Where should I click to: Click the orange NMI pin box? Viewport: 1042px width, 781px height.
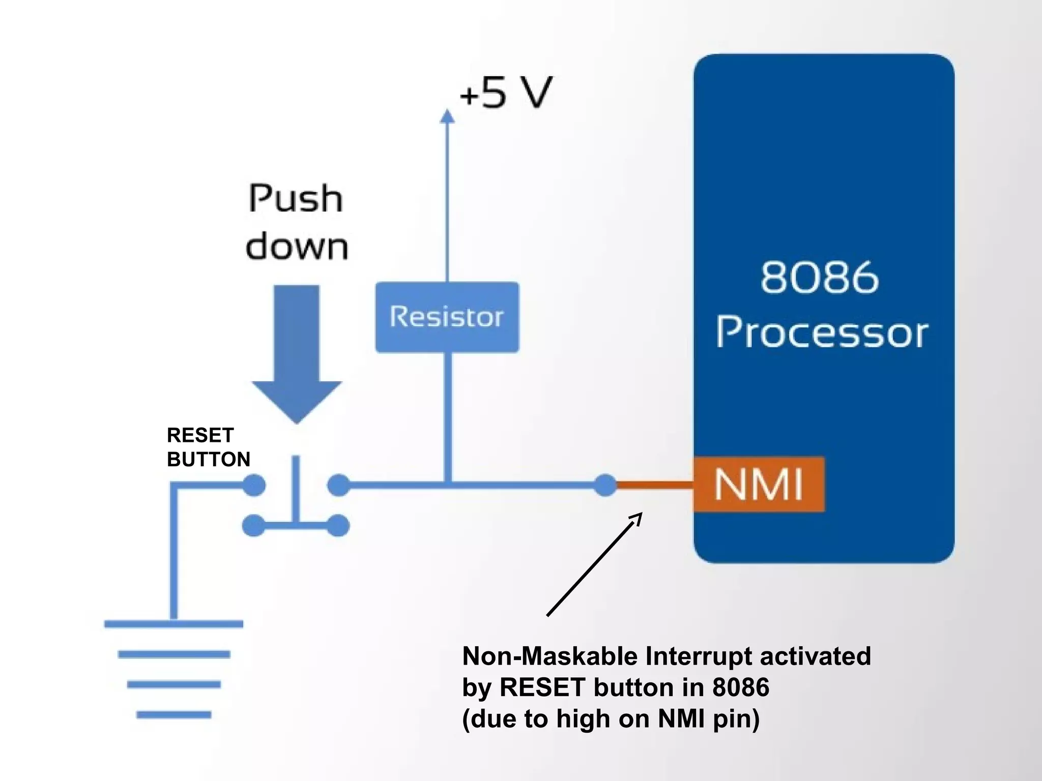coord(758,484)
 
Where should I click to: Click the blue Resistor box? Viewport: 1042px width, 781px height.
coord(447,317)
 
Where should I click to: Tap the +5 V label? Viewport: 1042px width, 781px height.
coord(505,93)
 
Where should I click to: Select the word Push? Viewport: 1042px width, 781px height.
coord(296,199)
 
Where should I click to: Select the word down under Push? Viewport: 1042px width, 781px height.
coord(297,247)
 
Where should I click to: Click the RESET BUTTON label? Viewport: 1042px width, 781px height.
coord(208,447)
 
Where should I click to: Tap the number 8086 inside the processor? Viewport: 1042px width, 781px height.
coord(819,278)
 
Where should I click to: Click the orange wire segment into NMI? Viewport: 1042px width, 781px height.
coord(655,485)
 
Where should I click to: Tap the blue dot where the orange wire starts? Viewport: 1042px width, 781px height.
coord(605,485)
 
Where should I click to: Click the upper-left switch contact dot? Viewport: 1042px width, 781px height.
coord(254,485)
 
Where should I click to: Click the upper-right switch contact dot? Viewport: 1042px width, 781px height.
coord(338,485)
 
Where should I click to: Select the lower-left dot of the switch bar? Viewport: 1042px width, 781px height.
coord(253,526)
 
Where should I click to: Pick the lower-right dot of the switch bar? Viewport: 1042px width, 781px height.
coord(338,526)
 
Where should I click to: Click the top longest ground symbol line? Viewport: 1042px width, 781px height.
coord(173,624)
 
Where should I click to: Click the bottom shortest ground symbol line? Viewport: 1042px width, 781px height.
coord(173,714)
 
